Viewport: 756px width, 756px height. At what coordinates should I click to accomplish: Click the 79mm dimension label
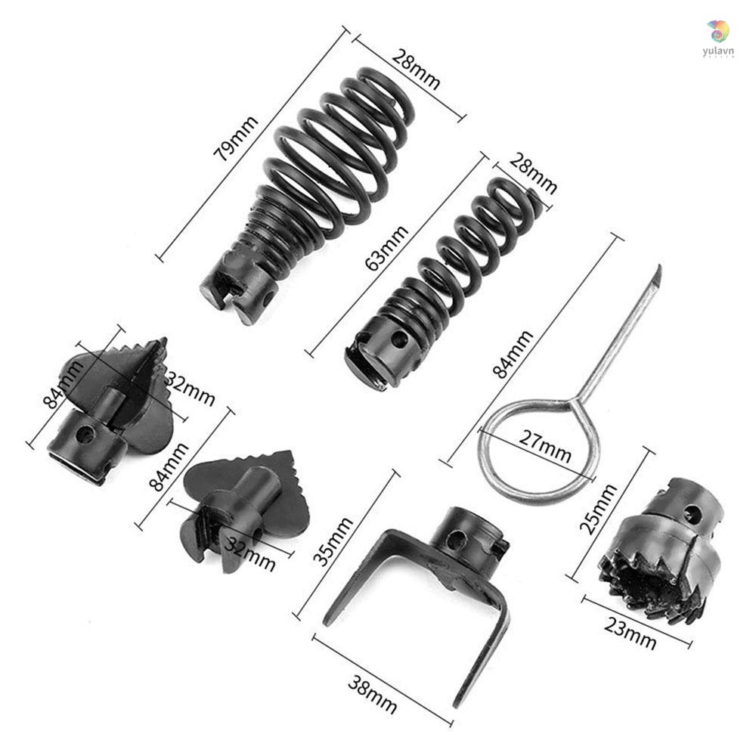(236, 139)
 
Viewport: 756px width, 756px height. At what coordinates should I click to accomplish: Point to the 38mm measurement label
(372, 693)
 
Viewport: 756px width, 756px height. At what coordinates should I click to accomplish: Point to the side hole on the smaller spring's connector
(400, 339)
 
